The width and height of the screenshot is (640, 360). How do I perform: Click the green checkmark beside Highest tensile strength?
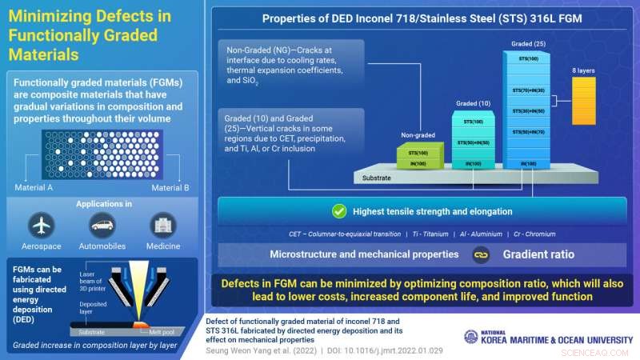pyautogui.click(x=338, y=212)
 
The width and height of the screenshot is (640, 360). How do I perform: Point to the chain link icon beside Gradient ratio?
pyautogui.click(x=481, y=254)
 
